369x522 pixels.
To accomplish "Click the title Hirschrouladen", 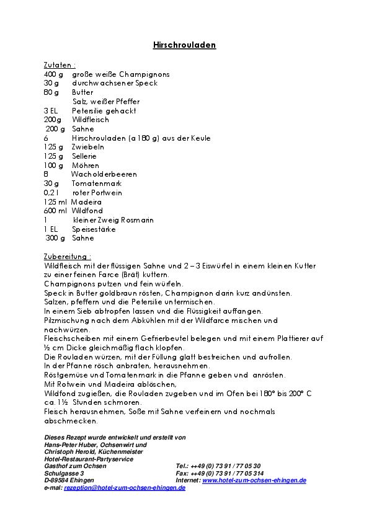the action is coord(184,45).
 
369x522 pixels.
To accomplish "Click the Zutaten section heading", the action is coord(60,64).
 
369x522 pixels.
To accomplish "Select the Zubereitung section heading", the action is coord(67,256).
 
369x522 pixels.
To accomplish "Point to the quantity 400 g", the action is coord(53,74).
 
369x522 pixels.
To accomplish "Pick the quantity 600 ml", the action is coord(55,211).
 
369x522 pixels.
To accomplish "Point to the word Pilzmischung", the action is coord(67,321).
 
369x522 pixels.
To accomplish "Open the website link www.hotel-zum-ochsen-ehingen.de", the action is coord(254,480).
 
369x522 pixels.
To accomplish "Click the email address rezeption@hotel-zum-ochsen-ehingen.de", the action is coord(125,488).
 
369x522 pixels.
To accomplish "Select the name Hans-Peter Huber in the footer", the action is coord(69,445).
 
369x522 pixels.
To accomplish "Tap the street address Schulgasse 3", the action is coord(64,473).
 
